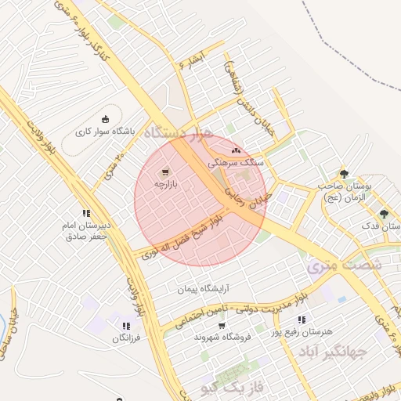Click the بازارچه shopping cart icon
pyautogui.click(x=165, y=172)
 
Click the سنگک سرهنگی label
pyautogui.click(x=237, y=164)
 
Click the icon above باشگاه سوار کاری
pyautogui.click(x=106, y=119)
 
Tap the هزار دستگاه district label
pyautogui.click(x=185, y=134)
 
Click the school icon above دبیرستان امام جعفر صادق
pyautogui.click(x=86, y=212)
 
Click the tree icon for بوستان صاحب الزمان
pyautogui.click(x=343, y=173)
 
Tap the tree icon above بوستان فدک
pyautogui.click(x=383, y=213)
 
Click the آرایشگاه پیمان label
pyautogui.click(x=184, y=290)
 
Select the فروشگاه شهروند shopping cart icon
pyautogui.click(x=222, y=325)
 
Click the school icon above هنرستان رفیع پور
pyautogui.click(x=302, y=320)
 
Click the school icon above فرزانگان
pyautogui.click(x=125, y=326)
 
